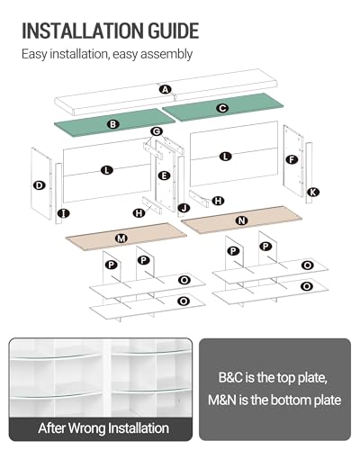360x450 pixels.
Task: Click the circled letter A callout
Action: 166,89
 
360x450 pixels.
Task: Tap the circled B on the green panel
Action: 113,124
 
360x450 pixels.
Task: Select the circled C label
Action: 222,108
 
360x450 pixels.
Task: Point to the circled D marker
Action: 39,185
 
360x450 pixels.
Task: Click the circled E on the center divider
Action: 164,175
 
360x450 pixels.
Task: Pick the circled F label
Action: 292,159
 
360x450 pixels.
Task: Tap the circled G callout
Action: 157,131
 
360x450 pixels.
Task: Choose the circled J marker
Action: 184,208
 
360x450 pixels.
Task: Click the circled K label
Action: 313,192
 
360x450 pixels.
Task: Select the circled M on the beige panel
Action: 121,238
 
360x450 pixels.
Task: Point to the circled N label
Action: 241,220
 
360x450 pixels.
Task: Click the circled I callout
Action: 64,213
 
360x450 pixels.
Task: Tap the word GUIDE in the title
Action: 174,31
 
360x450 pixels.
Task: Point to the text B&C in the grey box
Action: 230,377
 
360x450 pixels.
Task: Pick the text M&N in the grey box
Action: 222,400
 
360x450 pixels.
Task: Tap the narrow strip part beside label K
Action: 309,173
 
